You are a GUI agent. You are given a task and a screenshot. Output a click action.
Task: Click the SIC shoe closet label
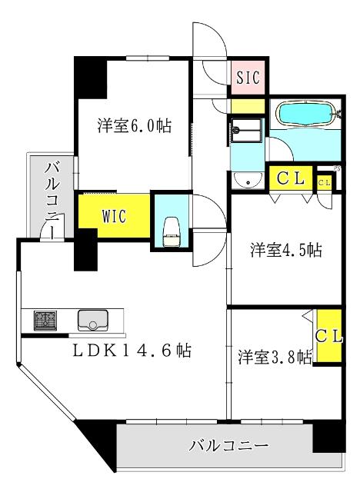pyautogui.click(x=248, y=77)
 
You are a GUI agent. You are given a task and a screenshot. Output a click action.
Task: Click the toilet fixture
pyautogui.click(x=172, y=228)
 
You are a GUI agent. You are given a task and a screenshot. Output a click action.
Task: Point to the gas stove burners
pyautogui.click(x=45, y=319)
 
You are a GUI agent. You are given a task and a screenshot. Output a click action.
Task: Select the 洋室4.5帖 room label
pyautogui.click(x=285, y=250)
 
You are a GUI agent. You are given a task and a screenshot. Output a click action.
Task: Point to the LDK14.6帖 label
pyautogui.click(x=132, y=351)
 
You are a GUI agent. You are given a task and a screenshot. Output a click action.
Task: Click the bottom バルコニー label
pyautogui.click(x=228, y=446)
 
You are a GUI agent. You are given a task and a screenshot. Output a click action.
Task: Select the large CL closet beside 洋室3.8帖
pyautogui.click(x=328, y=337)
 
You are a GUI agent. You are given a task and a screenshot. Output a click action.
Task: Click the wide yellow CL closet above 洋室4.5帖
pyautogui.click(x=291, y=179)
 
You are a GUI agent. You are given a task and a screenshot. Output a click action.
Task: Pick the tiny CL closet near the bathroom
pyautogui.click(x=325, y=182)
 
